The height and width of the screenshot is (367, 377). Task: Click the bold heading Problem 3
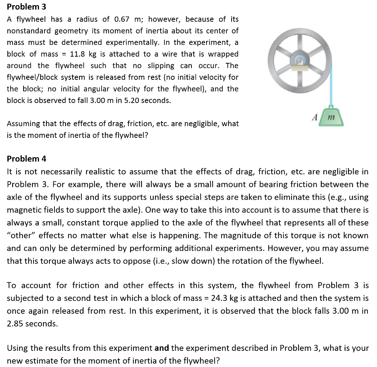click(x=27, y=7)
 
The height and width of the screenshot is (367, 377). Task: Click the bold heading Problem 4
click(x=27, y=159)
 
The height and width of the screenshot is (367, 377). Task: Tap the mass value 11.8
click(x=78, y=54)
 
